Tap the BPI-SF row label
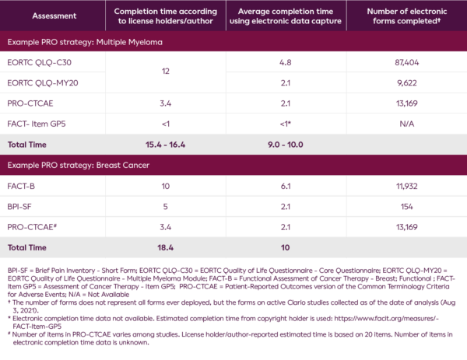[x=22, y=204]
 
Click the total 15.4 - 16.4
[x=164, y=144]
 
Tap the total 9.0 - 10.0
[x=285, y=144]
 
